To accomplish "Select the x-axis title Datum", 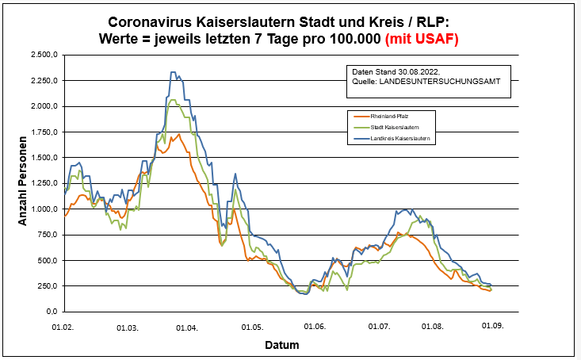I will click(282, 345).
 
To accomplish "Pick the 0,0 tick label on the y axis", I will click(52, 311).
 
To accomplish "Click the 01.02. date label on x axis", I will click(63, 326).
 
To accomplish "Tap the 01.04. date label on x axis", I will click(188, 326).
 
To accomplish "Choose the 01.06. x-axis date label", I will click(315, 326).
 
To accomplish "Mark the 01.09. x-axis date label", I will click(493, 326).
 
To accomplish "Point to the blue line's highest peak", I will click(174, 72).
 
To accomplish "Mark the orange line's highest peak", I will click(180, 134).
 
